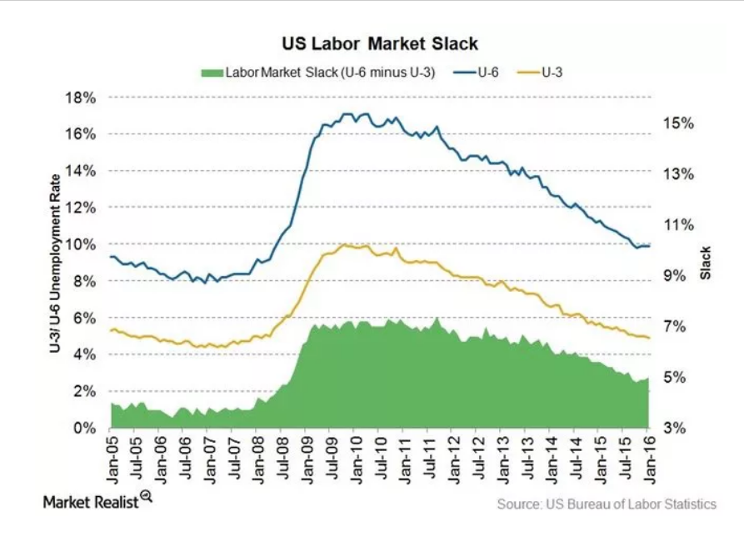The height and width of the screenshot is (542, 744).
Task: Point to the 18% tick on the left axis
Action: click(82, 98)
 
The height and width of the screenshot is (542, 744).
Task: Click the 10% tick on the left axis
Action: click(82, 244)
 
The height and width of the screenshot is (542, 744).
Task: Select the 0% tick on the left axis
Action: click(85, 428)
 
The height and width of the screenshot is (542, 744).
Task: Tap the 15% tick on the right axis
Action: click(679, 123)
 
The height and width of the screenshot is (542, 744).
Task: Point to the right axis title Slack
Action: click(706, 263)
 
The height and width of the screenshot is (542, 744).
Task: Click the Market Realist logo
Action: click(97, 502)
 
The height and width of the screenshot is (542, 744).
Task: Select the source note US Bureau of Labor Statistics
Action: click(607, 504)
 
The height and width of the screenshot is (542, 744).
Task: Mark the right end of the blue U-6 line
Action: click(649, 245)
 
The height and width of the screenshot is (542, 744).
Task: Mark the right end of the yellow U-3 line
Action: click(649, 338)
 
